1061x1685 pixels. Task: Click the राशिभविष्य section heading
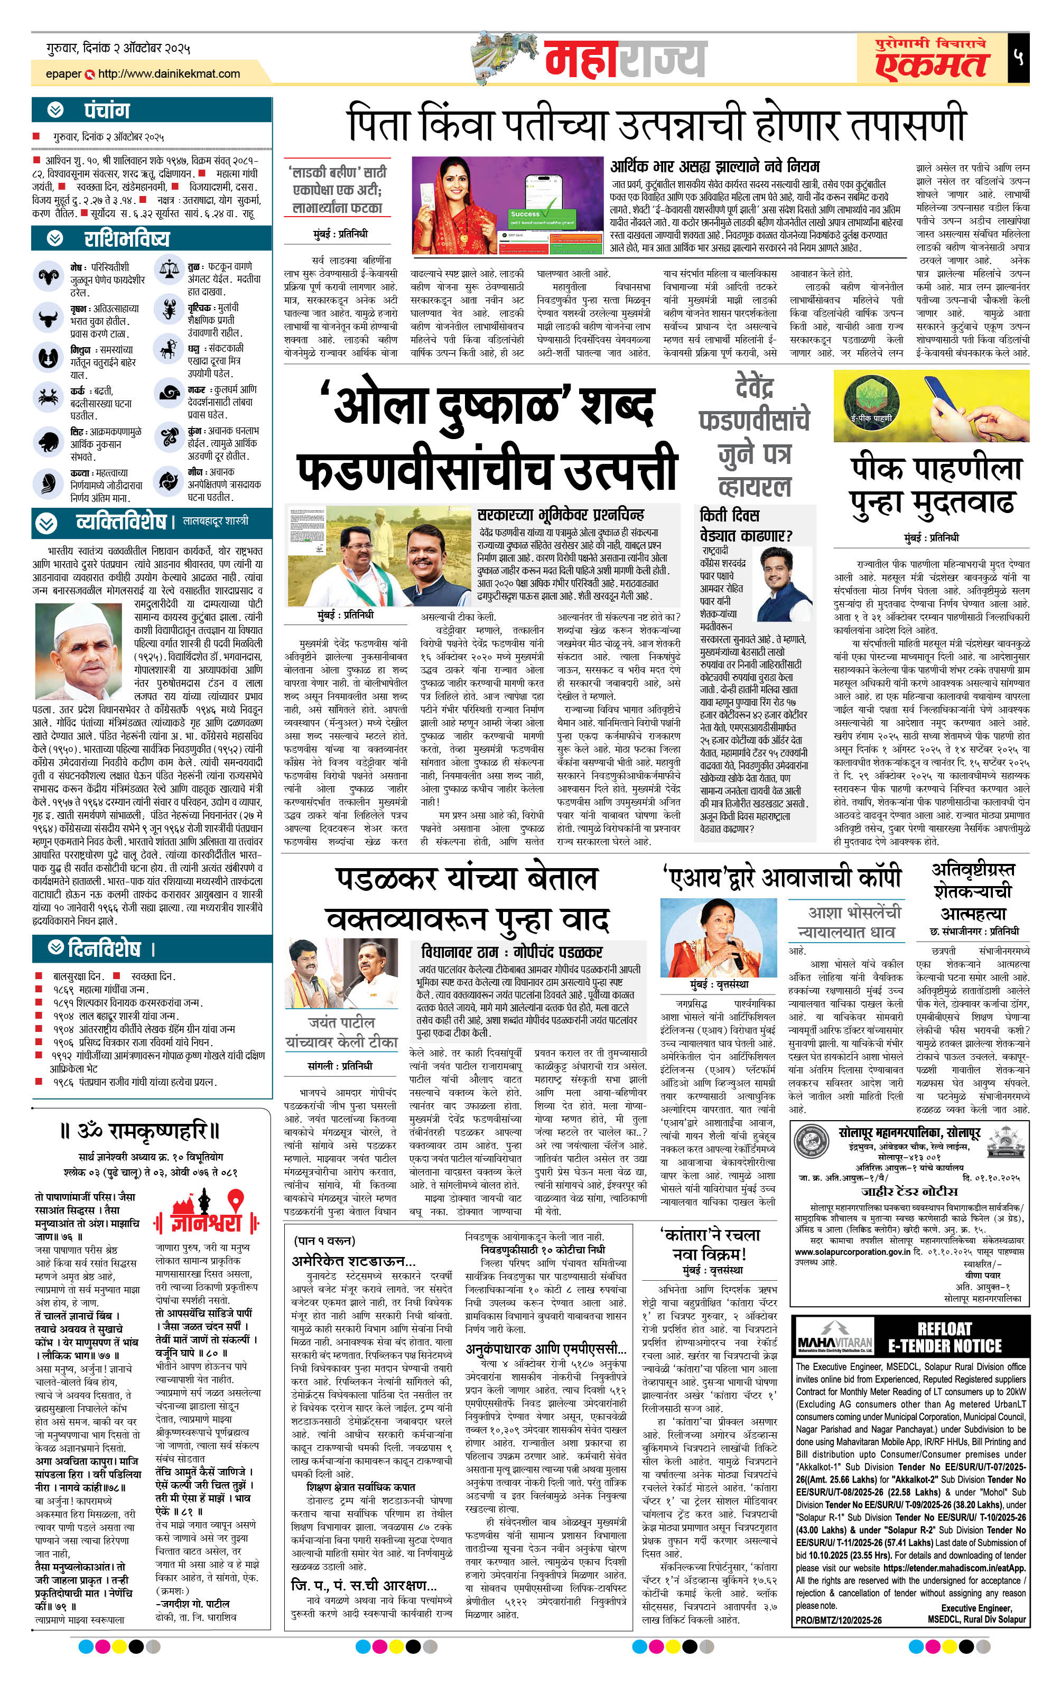126,239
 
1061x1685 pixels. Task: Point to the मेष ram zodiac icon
48,276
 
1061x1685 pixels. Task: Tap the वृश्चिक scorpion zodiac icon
168,310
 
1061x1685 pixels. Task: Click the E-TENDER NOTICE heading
944,1338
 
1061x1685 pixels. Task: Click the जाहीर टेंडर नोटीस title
908,1190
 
